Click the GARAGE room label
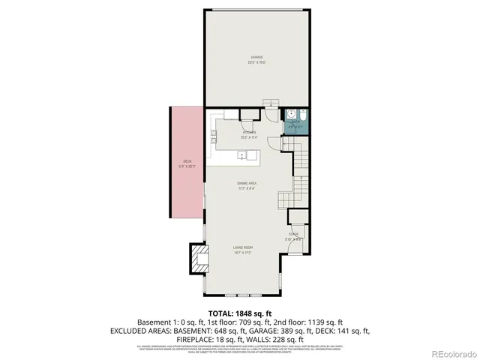pyautogui.click(x=256, y=59)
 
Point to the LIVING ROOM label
pyautogui.click(x=241, y=249)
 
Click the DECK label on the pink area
pyautogui.click(x=187, y=163)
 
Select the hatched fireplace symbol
pyautogui.click(x=198, y=259)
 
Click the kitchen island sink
pyautogui.click(x=242, y=155)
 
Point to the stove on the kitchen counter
pyautogui.click(x=214, y=136)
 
